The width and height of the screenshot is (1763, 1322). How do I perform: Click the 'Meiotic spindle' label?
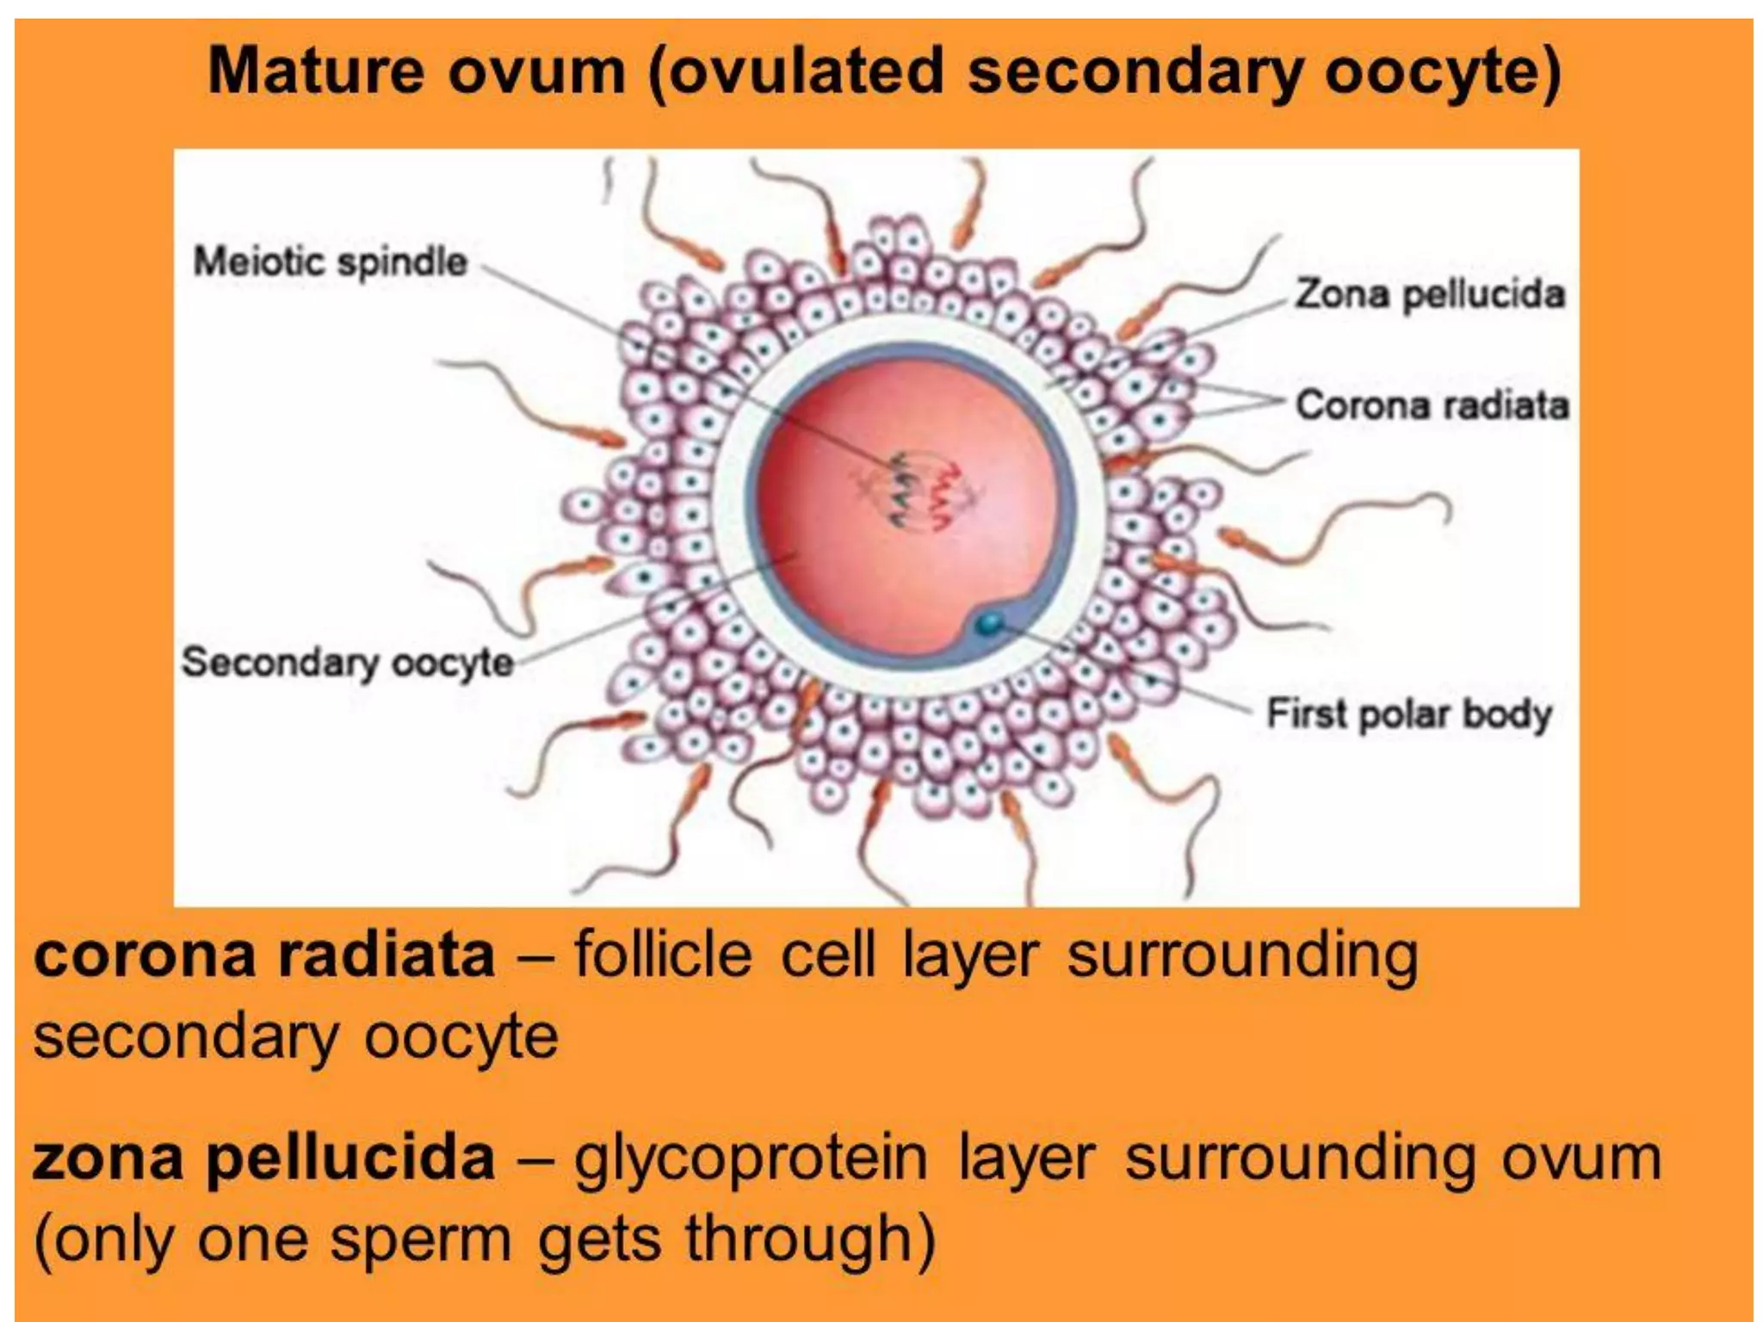click(331, 262)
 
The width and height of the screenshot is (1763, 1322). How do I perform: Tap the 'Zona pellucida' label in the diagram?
click(1430, 294)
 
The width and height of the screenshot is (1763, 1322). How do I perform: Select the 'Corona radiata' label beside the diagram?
click(1432, 405)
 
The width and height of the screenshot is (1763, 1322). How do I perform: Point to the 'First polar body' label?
click(1409, 714)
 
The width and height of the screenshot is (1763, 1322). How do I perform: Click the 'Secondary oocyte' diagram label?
click(348, 662)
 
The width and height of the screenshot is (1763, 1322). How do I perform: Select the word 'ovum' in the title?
click(536, 71)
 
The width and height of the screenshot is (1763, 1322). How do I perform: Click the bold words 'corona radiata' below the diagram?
click(264, 956)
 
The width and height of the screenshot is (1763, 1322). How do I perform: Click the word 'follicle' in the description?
click(663, 955)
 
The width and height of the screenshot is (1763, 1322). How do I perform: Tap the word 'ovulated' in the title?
click(797, 71)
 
